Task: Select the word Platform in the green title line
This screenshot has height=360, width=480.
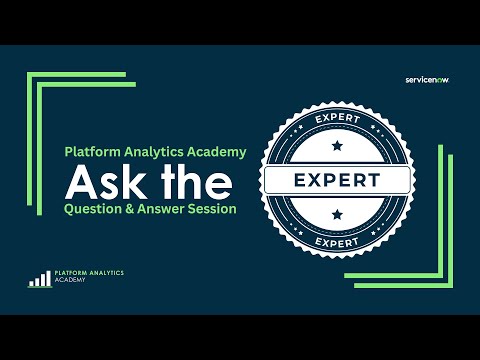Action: [93, 152]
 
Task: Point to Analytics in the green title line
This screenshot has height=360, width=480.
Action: [153, 152]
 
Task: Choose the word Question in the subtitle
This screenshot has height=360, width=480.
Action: [93, 211]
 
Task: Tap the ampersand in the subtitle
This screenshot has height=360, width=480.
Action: [132, 211]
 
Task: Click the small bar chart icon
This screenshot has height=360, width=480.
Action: [40, 279]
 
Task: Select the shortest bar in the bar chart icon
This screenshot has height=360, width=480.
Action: [31, 283]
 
